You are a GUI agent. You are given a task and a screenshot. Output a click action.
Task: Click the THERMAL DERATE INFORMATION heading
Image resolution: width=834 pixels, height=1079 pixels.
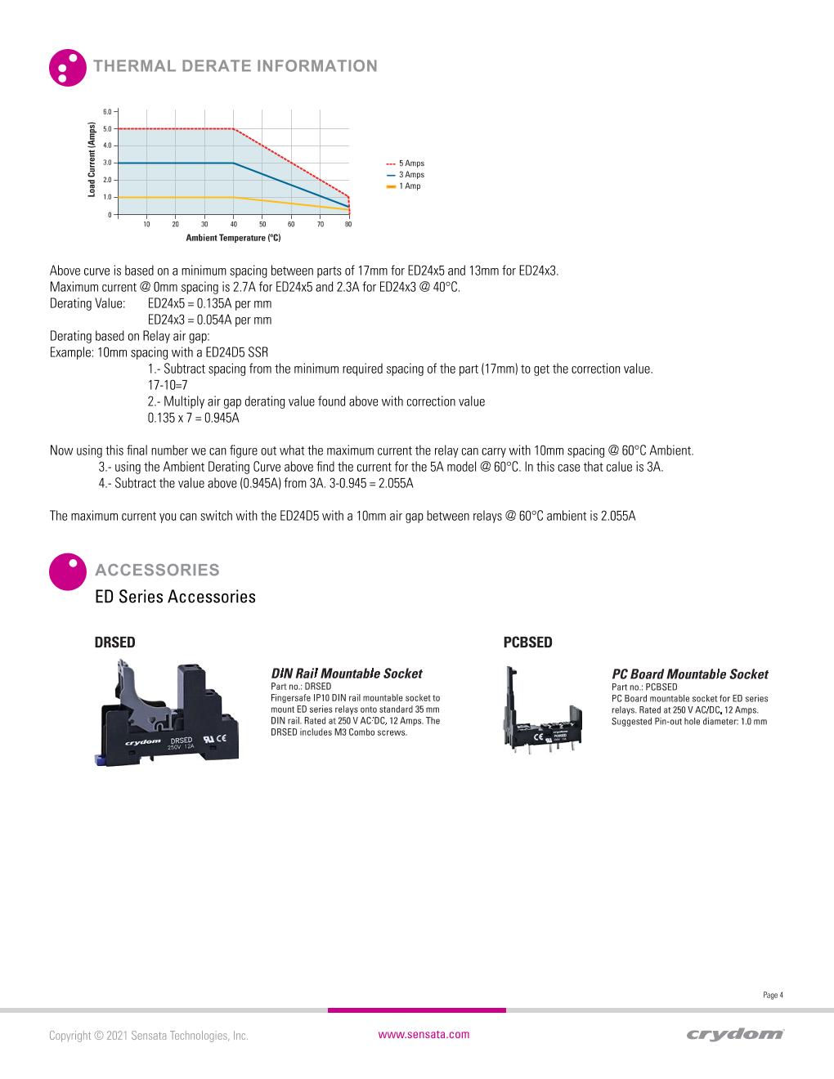[235, 66]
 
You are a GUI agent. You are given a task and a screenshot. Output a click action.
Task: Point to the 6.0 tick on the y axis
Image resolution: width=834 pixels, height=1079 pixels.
[108, 112]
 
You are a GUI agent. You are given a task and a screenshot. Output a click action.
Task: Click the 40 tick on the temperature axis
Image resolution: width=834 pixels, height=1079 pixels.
[234, 224]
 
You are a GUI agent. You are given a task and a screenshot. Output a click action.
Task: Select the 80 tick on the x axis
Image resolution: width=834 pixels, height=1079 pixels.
[348, 224]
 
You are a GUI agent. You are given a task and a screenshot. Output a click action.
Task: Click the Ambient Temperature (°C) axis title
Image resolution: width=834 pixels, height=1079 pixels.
[233, 238]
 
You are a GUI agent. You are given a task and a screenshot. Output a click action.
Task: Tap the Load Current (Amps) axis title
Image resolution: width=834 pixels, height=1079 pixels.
[92, 159]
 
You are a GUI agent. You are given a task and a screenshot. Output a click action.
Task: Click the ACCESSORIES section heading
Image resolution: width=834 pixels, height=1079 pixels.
[157, 570]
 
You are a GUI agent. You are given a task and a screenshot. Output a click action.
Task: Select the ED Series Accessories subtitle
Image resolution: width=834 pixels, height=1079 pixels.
[175, 597]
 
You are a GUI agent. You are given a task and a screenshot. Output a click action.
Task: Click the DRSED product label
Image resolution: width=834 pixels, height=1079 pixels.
[115, 642]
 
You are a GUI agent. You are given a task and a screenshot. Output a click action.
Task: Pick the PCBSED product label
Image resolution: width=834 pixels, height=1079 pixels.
[527, 642]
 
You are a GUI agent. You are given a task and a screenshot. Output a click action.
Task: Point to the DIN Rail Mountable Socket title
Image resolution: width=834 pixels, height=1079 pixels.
[346, 674]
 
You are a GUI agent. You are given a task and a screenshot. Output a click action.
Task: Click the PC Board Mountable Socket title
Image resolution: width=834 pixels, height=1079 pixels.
[689, 674]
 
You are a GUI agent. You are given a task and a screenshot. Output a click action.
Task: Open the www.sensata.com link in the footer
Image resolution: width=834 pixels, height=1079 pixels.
[424, 1034]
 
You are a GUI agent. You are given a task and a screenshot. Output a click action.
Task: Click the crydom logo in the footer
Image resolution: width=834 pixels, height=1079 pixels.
[735, 1035]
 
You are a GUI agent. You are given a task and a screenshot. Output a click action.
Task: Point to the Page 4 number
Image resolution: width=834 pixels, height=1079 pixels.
[773, 995]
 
